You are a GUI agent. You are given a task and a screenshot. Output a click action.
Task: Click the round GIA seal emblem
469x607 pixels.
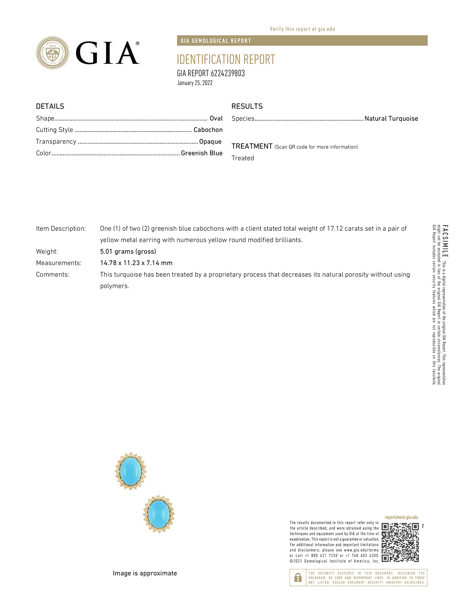click(x=53, y=53)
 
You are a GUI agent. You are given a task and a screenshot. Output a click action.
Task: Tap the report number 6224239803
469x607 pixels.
click(x=228, y=73)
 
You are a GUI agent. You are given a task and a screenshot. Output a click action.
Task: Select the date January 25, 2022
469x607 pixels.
click(x=195, y=83)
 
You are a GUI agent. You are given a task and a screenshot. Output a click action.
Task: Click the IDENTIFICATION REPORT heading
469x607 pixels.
click(x=226, y=59)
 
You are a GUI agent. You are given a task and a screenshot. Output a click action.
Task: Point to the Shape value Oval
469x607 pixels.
click(x=216, y=118)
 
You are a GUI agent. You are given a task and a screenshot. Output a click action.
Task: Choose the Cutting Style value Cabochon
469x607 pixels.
click(x=208, y=130)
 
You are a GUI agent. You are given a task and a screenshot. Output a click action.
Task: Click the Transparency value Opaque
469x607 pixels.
click(x=210, y=141)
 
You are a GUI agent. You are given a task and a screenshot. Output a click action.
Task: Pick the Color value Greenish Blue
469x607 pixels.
click(x=202, y=153)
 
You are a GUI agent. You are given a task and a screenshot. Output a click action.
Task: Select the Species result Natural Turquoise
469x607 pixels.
click(x=391, y=119)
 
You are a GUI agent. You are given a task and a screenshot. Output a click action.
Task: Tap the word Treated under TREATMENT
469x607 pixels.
click(x=243, y=158)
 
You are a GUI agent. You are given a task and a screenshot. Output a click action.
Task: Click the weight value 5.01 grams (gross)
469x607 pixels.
click(x=128, y=251)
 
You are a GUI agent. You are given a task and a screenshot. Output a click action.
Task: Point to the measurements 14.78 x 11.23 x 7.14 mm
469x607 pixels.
click(x=136, y=263)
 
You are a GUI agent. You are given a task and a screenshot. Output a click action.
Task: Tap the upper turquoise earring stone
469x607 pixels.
click(x=131, y=471)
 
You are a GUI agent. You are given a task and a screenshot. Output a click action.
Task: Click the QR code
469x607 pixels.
click(x=400, y=542)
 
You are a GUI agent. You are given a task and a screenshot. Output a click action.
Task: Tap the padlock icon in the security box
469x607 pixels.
click(x=298, y=577)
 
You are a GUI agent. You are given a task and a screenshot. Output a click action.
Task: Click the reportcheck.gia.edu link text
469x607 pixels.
click(x=401, y=518)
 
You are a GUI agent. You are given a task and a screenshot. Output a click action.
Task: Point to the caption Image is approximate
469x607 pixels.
click(x=145, y=573)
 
